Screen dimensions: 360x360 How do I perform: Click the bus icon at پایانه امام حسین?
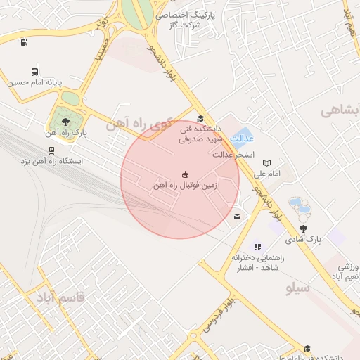pyautogui.click(x=35, y=72)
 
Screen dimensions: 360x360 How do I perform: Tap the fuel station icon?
pyautogui.click(x=25, y=41)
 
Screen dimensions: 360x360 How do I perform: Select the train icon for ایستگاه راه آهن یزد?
pyautogui.click(x=51, y=150)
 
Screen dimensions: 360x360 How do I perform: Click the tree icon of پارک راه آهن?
pyautogui.click(x=65, y=122)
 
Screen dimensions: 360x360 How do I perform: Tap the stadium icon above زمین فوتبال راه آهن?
pyautogui.click(x=185, y=174)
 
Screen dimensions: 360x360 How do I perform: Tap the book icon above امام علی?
pyautogui.click(x=266, y=163)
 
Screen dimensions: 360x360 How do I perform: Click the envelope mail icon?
pyautogui.click(x=237, y=216)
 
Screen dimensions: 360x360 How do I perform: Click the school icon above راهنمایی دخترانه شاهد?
pyautogui.click(x=258, y=247)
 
